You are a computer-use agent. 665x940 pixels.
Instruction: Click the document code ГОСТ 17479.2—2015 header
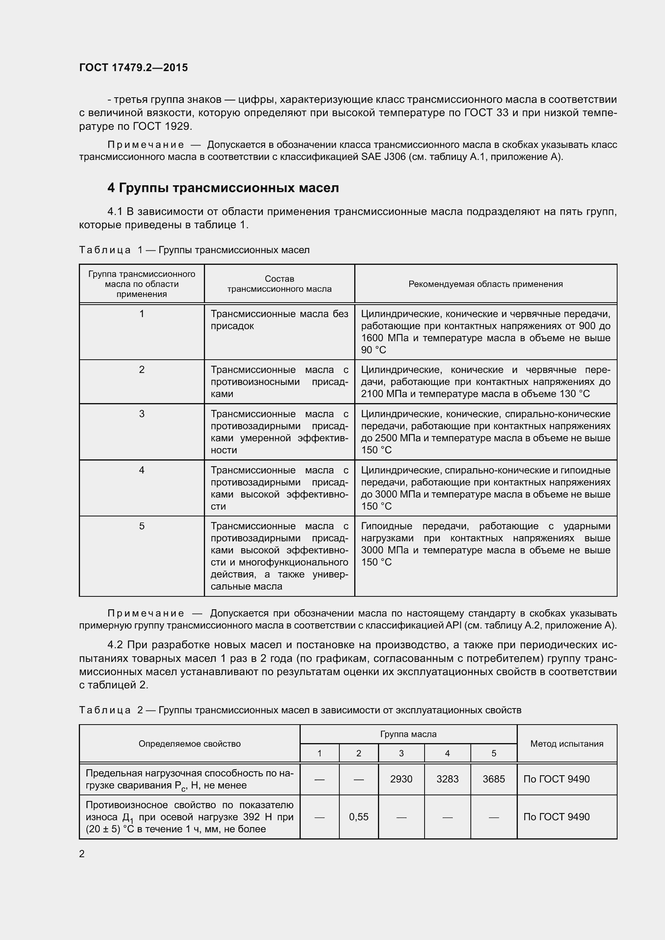[133, 68]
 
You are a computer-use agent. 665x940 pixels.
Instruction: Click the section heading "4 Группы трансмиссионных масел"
[223, 188]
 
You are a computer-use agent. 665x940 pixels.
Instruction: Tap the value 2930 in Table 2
[401, 779]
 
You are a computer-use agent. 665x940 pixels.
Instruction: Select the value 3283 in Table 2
[447, 779]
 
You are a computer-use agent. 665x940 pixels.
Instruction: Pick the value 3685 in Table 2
[493, 779]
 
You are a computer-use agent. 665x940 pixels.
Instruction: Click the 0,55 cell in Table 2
[359, 817]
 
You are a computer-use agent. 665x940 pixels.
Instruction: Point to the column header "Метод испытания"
[567, 743]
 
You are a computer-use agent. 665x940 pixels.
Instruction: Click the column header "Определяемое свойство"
[190, 743]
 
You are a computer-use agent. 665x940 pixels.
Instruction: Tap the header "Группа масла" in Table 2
[408, 734]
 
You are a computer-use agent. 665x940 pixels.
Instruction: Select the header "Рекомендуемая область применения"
[486, 284]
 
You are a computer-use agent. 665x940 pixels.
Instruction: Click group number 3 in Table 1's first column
[142, 414]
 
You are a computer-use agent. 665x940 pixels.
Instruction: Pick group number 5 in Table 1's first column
[142, 526]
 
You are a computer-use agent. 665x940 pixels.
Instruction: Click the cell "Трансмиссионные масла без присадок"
[279, 320]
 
